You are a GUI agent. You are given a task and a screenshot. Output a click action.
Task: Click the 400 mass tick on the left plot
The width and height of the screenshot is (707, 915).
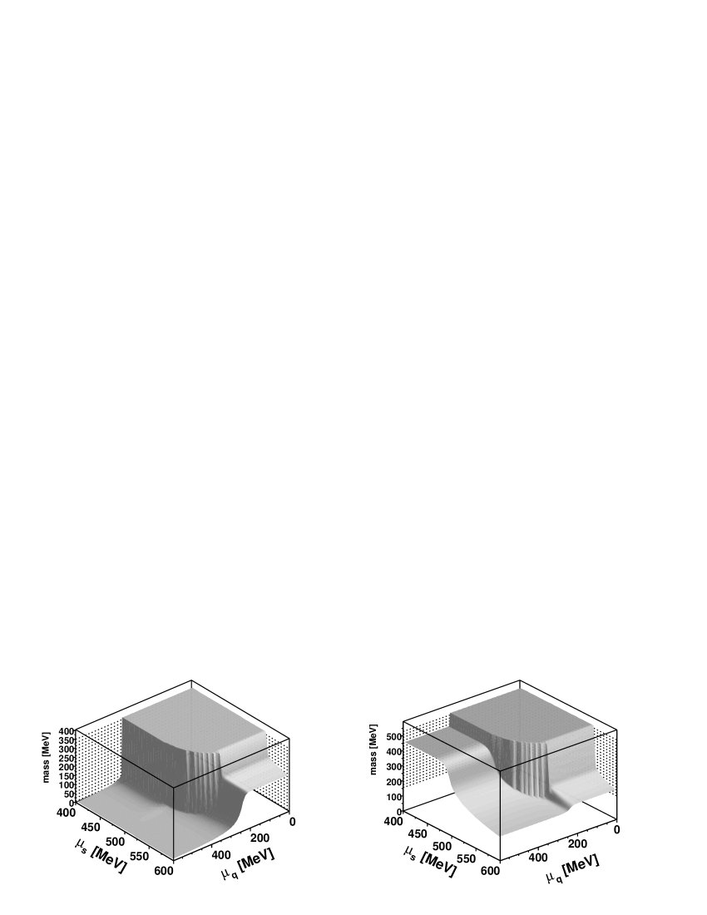click(66, 731)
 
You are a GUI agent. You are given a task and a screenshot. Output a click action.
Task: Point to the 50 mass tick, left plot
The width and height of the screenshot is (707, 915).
click(68, 794)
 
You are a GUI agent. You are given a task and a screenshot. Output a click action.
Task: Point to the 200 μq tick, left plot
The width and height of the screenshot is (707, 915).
click(260, 838)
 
